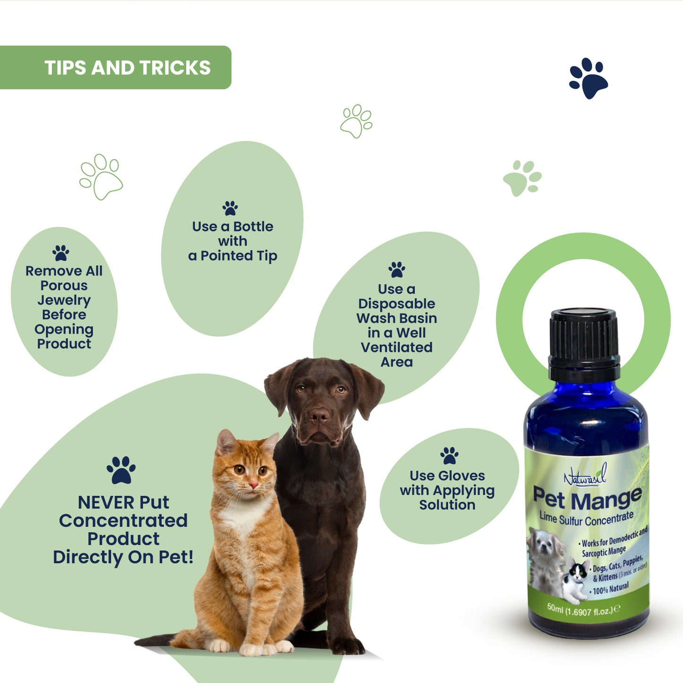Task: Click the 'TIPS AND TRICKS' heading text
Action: [127, 68]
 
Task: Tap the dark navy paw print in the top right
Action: [588, 78]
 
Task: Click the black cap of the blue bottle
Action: [584, 339]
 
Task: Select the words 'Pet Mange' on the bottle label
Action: [587, 499]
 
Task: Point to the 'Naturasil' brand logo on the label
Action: [585, 477]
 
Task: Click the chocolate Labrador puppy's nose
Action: [319, 415]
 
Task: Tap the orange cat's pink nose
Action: [253, 484]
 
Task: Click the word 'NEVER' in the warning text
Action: [102, 502]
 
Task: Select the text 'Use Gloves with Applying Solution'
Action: [447, 490]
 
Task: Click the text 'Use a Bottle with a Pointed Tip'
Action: [233, 241]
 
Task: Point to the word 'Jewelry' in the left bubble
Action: [64, 300]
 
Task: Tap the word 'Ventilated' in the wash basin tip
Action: [397, 347]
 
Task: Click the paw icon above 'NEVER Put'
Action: [121, 470]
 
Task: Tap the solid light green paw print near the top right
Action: [522, 178]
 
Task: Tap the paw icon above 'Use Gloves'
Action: [449, 456]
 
